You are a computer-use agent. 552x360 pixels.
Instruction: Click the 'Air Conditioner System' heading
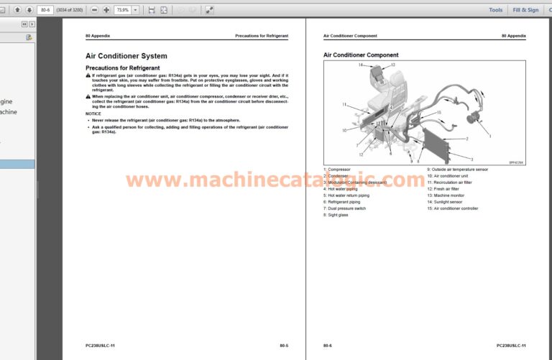(126, 56)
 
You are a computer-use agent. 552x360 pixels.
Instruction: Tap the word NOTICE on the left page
(93, 114)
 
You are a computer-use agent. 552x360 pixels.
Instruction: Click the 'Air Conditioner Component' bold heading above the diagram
(361, 55)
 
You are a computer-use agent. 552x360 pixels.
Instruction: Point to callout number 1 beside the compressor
(489, 136)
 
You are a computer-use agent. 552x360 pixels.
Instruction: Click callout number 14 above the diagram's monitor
(362, 65)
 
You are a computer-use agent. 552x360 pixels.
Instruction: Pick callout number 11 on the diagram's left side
(345, 106)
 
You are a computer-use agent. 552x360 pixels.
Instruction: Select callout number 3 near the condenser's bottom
(471, 158)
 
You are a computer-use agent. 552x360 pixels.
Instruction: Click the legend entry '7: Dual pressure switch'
(345, 208)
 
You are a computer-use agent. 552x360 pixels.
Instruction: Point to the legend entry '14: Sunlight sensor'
(445, 202)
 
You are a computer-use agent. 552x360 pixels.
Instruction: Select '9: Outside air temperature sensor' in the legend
(457, 170)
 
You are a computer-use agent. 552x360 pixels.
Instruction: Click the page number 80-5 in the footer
(284, 346)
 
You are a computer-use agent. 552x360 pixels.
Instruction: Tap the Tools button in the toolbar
(496, 10)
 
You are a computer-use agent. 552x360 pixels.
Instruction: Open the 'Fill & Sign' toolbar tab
(525, 10)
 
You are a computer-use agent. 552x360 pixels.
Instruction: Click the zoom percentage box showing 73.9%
(122, 10)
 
